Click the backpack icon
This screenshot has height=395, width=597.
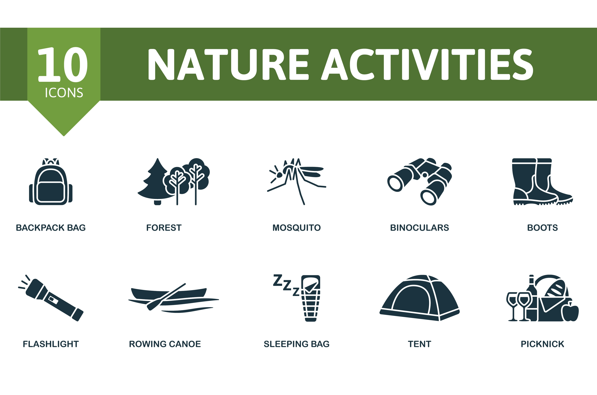pos(51,182)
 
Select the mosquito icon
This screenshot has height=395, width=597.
pos(297,182)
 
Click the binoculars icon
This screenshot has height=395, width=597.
pos(420,182)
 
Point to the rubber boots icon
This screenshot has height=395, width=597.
pos(543,182)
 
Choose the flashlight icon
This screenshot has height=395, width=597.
pos(51,298)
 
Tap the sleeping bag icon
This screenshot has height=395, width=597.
pos(311,298)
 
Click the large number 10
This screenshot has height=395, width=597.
pos(63,64)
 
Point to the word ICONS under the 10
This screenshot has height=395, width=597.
pos(64,93)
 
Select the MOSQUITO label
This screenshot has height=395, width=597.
pos(297,228)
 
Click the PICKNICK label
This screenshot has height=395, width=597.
pos(543,344)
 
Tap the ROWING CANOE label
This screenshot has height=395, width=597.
pos(165,344)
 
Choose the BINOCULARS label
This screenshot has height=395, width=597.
pos(420,228)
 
